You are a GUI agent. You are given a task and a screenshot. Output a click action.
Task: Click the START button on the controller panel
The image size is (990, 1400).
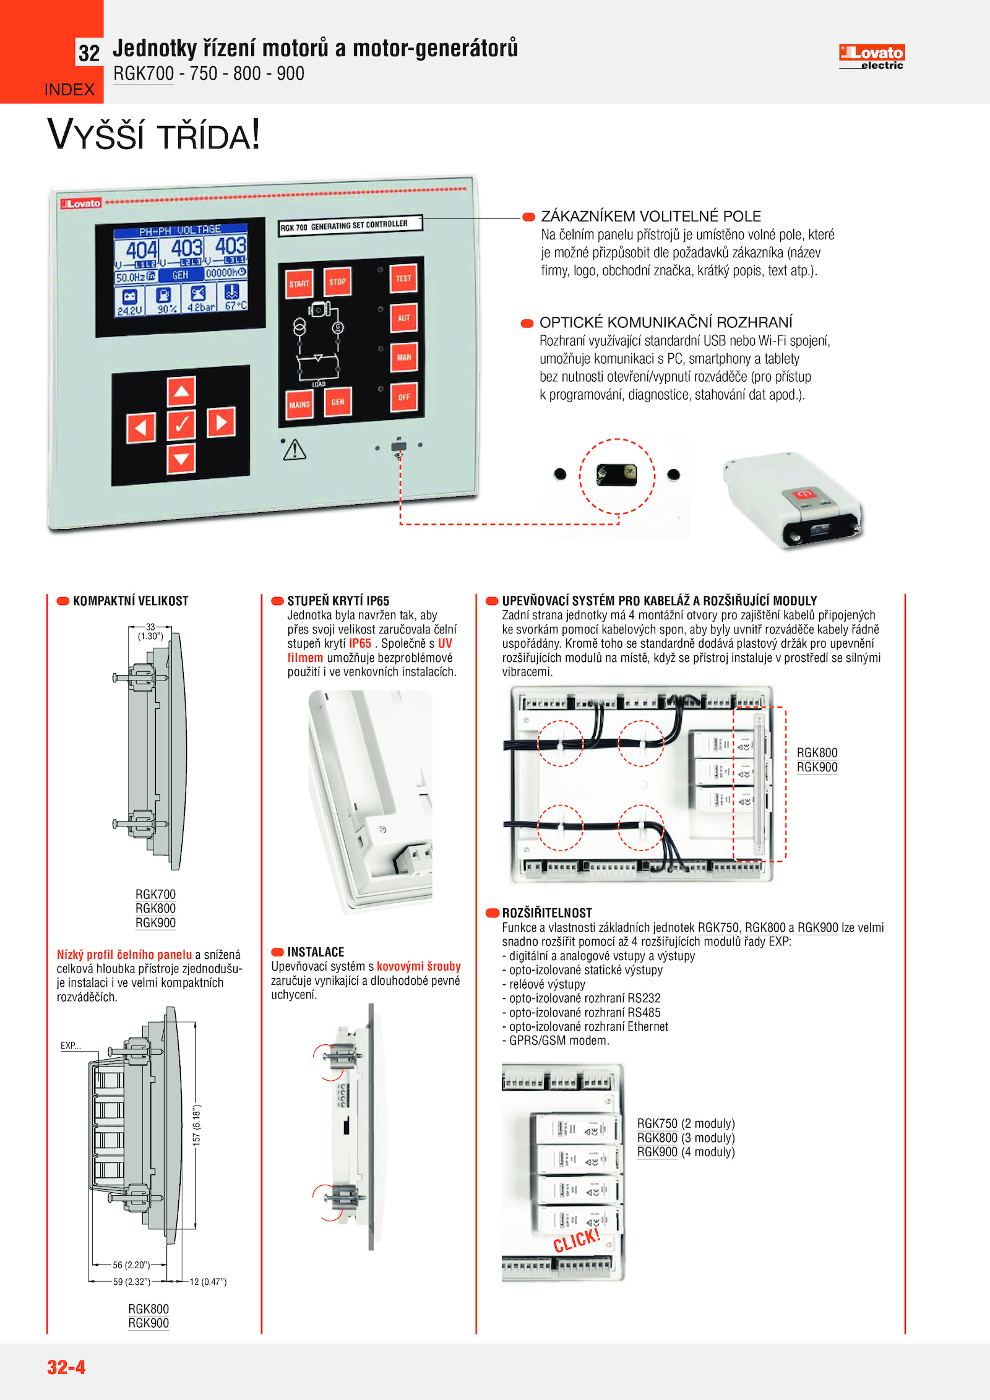(299, 284)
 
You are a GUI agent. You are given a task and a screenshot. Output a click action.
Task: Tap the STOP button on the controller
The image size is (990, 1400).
(337, 282)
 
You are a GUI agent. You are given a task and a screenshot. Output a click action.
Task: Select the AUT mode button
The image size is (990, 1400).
(403, 318)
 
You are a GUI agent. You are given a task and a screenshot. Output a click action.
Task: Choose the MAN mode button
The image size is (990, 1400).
(403, 357)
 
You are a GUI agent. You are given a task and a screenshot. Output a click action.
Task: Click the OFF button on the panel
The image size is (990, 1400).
(403, 397)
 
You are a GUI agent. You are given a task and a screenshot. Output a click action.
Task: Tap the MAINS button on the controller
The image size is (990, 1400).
(299, 405)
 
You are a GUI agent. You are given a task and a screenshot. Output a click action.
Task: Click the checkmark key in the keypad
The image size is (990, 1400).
(181, 424)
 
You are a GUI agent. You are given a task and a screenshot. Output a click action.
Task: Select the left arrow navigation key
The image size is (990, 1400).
(140, 427)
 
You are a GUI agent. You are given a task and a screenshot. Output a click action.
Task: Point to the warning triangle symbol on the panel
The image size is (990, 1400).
(295, 450)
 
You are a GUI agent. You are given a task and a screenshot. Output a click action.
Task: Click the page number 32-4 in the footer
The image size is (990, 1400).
(66, 1367)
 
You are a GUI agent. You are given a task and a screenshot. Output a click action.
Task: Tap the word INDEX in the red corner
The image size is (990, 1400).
(69, 90)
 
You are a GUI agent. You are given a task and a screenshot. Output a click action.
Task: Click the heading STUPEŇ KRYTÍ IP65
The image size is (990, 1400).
(338, 601)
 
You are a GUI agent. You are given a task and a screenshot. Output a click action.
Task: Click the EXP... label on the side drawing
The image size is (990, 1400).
(71, 1046)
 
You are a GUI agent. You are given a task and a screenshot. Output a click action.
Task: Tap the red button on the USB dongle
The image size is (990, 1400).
(804, 494)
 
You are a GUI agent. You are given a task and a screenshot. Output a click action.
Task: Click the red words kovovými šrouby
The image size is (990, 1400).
(418, 966)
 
